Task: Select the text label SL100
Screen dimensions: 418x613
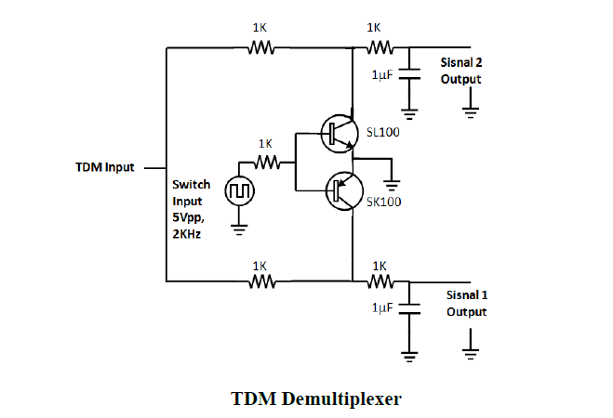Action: [x=384, y=133]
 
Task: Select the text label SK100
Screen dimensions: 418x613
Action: [x=384, y=201]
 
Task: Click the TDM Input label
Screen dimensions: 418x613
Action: [x=105, y=168]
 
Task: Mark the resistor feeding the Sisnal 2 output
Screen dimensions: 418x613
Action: [x=379, y=47]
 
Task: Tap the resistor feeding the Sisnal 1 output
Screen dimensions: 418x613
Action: [x=379, y=281]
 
